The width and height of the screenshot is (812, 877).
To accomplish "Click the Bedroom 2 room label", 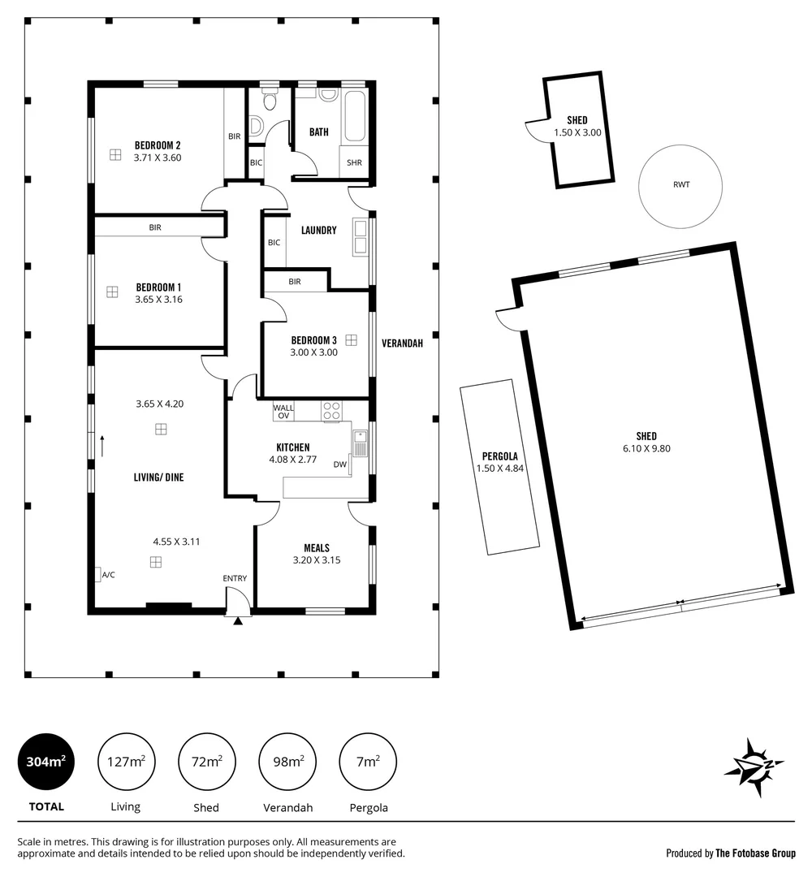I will point(158,145).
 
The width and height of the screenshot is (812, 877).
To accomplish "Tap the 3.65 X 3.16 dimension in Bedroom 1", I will point(158,299).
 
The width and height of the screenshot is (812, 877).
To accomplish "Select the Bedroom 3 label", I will point(313,340).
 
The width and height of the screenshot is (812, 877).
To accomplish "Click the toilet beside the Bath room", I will point(269,102).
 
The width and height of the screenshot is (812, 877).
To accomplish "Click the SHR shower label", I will point(354,162).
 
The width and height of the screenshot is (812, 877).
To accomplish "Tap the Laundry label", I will point(318,230).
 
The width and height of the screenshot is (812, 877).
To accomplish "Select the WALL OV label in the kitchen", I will point(283,411).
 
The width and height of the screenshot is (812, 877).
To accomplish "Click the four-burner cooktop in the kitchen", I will point(331,411).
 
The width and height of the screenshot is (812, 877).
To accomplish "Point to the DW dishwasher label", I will point(339,464).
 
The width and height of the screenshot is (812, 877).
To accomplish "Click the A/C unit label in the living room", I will point(108,575).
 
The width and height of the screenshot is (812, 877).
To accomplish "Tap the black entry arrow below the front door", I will point(238,621).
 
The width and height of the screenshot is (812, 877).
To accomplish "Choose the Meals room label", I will point(316,547).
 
